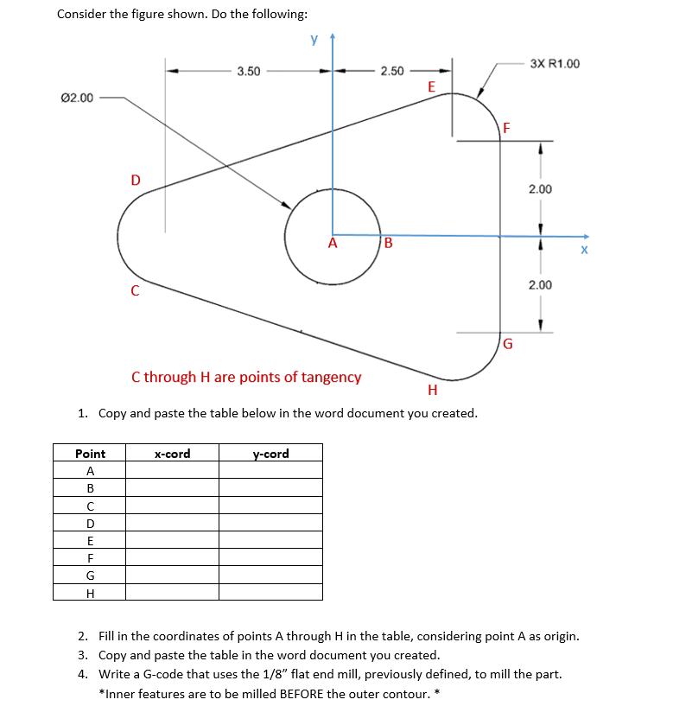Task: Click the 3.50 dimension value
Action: tap(249, 71)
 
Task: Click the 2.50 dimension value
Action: tap(392, 71)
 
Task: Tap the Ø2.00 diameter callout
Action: tap(78, 98)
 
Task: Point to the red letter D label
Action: tap(135, 180)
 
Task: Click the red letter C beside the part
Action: tap(135, 291)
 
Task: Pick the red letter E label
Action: tap(431, 87)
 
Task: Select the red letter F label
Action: tap(507, 129)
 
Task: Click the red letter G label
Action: tap(508, 344)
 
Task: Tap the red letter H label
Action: tap(432, 391)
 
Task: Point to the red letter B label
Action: tap(388, 243)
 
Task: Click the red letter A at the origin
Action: tap(332, 244)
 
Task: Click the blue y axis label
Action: tap(314, 40)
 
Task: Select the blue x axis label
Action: tap(584, 251)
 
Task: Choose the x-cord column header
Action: tap(172, 454)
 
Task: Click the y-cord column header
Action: tap(270, 454)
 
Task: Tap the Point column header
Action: tap(90, 454)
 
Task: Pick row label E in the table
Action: tap(90, 541)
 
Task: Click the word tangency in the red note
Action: tap(329, 377)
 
